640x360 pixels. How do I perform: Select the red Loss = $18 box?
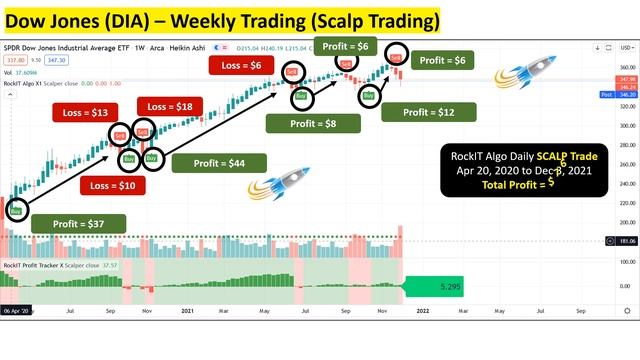coord(172,107)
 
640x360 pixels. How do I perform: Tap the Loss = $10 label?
coord(111,186)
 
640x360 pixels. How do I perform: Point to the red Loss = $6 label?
coord(242,65)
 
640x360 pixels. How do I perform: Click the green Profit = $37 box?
coord(79,224)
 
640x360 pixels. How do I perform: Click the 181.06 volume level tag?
coord(627,241)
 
